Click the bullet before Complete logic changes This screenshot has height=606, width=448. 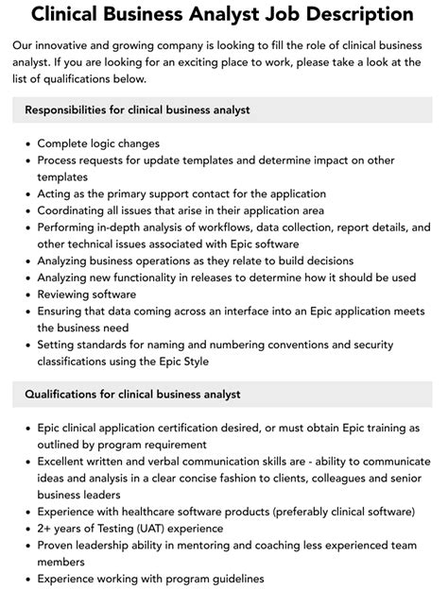pos(25,143)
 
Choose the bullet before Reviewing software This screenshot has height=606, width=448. pos(25,295)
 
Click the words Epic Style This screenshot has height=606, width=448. pos(181,362)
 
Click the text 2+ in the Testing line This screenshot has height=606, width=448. pos(44,529)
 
